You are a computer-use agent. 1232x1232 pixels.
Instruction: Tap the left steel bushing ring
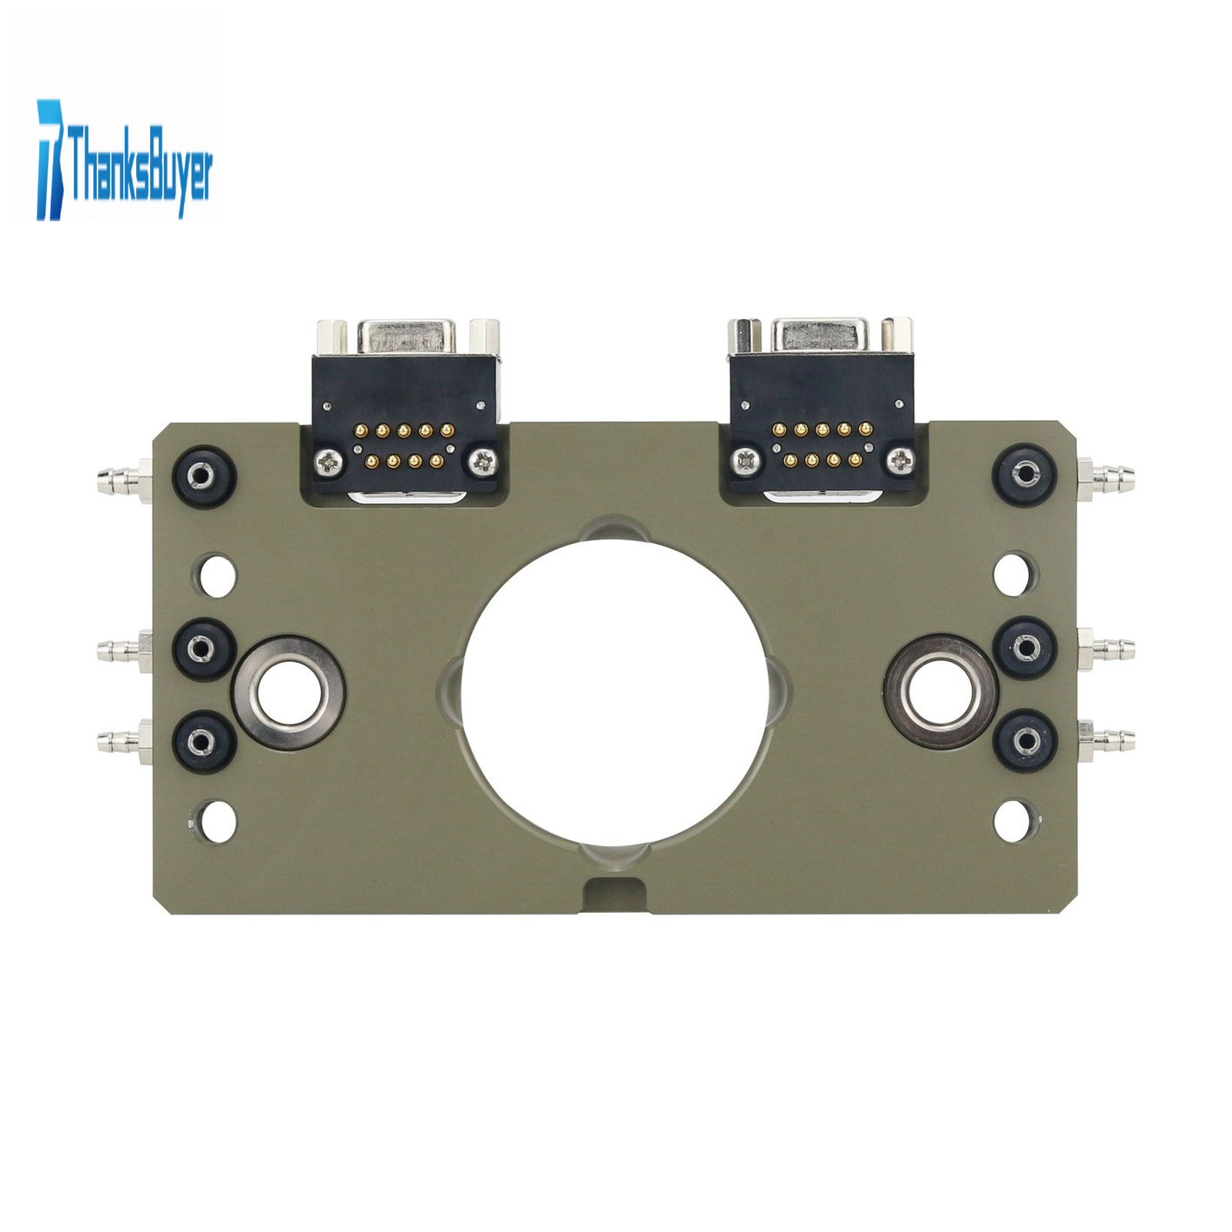point(290,691)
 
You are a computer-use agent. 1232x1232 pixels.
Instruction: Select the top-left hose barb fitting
point(125,481)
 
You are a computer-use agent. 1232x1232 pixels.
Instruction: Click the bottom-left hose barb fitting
point(125,742)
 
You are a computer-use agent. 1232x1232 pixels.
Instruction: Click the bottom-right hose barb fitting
point(1105,740)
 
